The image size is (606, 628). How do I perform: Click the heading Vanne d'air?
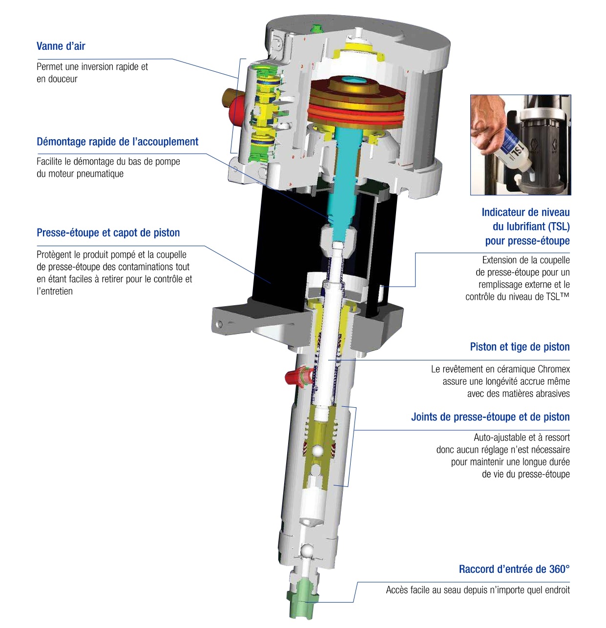(x=61, y=46)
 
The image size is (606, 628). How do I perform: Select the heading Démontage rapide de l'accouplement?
(x=117, y=142)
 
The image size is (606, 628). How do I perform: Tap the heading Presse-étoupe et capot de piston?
(x=108, y=232)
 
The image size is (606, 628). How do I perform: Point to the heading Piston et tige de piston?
(x=520, y=347)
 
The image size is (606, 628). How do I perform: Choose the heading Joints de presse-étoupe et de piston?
(x=490, y=417)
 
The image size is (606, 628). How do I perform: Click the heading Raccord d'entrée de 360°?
(x=514, y=569)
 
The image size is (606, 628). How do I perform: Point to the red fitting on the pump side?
(x=294, y=377)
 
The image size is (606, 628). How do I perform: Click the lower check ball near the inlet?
(x=308, y=550)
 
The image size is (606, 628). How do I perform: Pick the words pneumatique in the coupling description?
(x=100, y=174)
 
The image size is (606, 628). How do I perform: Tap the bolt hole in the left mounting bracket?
(x=221, y=323)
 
